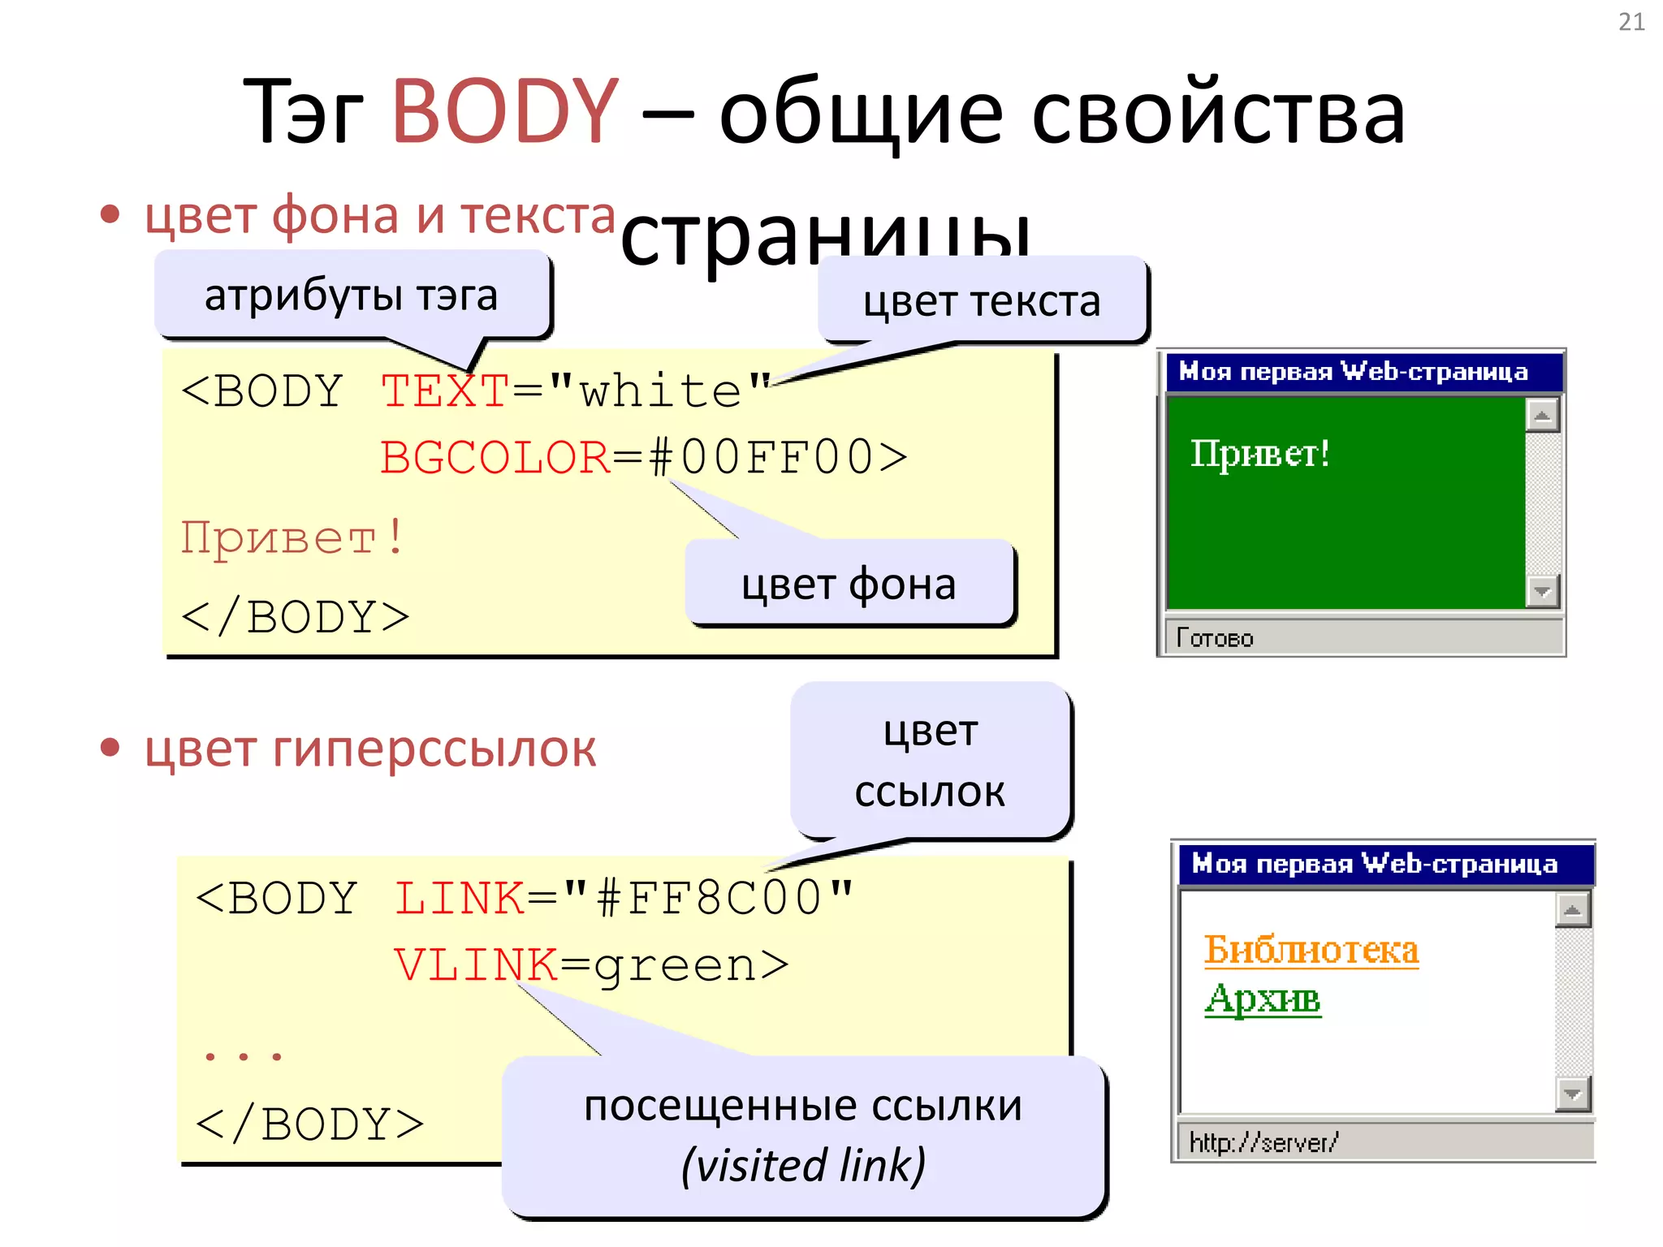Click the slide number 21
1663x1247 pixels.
tap(1631, 22)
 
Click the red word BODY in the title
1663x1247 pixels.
tap(505, 111)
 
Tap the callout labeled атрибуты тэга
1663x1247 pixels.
tap(351, 295)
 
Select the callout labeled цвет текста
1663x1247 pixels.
tap(981, 301)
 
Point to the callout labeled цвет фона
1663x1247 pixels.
tap(849, 584)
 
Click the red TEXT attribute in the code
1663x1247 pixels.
tap(444, 391)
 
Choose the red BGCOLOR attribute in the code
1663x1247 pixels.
tap(495, 457)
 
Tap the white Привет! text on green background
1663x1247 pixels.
tap(1259, 453)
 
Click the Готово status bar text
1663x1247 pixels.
tap(1215, 638)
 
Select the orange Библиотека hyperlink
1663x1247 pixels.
tap(1311, 949)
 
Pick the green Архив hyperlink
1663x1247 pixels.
tap(1263, 999)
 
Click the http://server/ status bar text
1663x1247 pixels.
tap(1263, 1142)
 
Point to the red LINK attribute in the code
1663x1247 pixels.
tap(460, 899)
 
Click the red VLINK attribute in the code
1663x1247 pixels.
tap(476, 965)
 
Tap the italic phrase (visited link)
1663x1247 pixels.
tap(803, 1165)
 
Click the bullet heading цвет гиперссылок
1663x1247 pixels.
tap(370, 749)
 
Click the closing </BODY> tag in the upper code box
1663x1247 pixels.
tap(296, 617)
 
